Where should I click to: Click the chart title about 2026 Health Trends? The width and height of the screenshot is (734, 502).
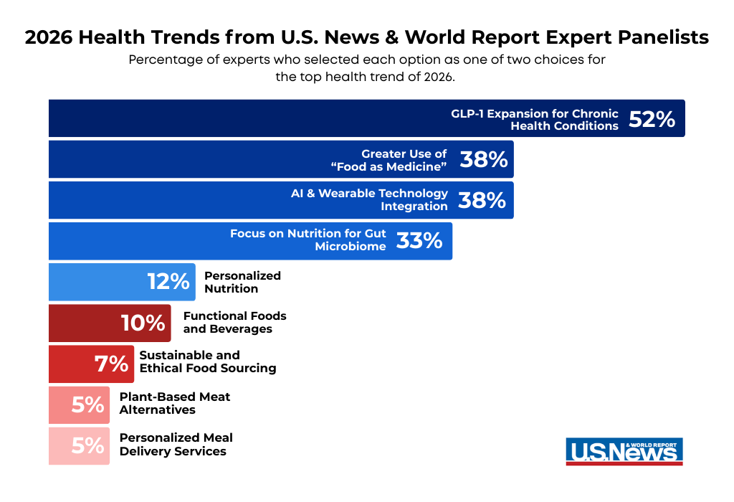tap(367, 38)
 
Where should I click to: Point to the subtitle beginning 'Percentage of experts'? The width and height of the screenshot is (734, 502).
tap(367, 68)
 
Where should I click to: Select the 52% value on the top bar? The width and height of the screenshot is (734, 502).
tap(652, 119)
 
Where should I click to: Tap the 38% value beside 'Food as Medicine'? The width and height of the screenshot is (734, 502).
tap(483, 160)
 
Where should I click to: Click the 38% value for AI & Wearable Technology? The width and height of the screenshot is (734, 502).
tap(482, 200)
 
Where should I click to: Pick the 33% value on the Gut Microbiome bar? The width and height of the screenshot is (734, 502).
tap(419, 241)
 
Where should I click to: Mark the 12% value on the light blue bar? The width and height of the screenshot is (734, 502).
tap(168, 282)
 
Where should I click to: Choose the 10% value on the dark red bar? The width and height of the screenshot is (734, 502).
tap(143, 323)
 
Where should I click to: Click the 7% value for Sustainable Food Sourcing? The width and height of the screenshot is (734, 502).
tap(111, 364)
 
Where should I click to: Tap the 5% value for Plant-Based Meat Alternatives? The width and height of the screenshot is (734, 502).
tap(87, 404)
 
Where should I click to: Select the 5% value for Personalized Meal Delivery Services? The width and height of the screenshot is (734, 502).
tap(87, 445)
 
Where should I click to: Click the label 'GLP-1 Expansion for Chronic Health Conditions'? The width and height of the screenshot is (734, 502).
tap(535, 120)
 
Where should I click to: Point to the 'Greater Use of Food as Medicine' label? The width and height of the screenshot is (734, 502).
tap(389, 160)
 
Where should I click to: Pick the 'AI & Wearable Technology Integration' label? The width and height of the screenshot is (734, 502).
tap(369, 200)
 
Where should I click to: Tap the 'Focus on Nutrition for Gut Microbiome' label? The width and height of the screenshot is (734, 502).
tap(308, 240)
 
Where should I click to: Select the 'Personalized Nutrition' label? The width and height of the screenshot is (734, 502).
tap(242, 282)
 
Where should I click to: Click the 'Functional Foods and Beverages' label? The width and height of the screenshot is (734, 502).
tap(234, 323)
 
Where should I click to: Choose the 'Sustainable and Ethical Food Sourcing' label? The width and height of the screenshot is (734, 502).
tap(207, 362)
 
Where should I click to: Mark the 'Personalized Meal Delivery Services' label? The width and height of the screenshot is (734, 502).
tap(176, 445)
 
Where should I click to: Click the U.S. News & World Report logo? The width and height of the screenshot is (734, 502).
tap(624, 452)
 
